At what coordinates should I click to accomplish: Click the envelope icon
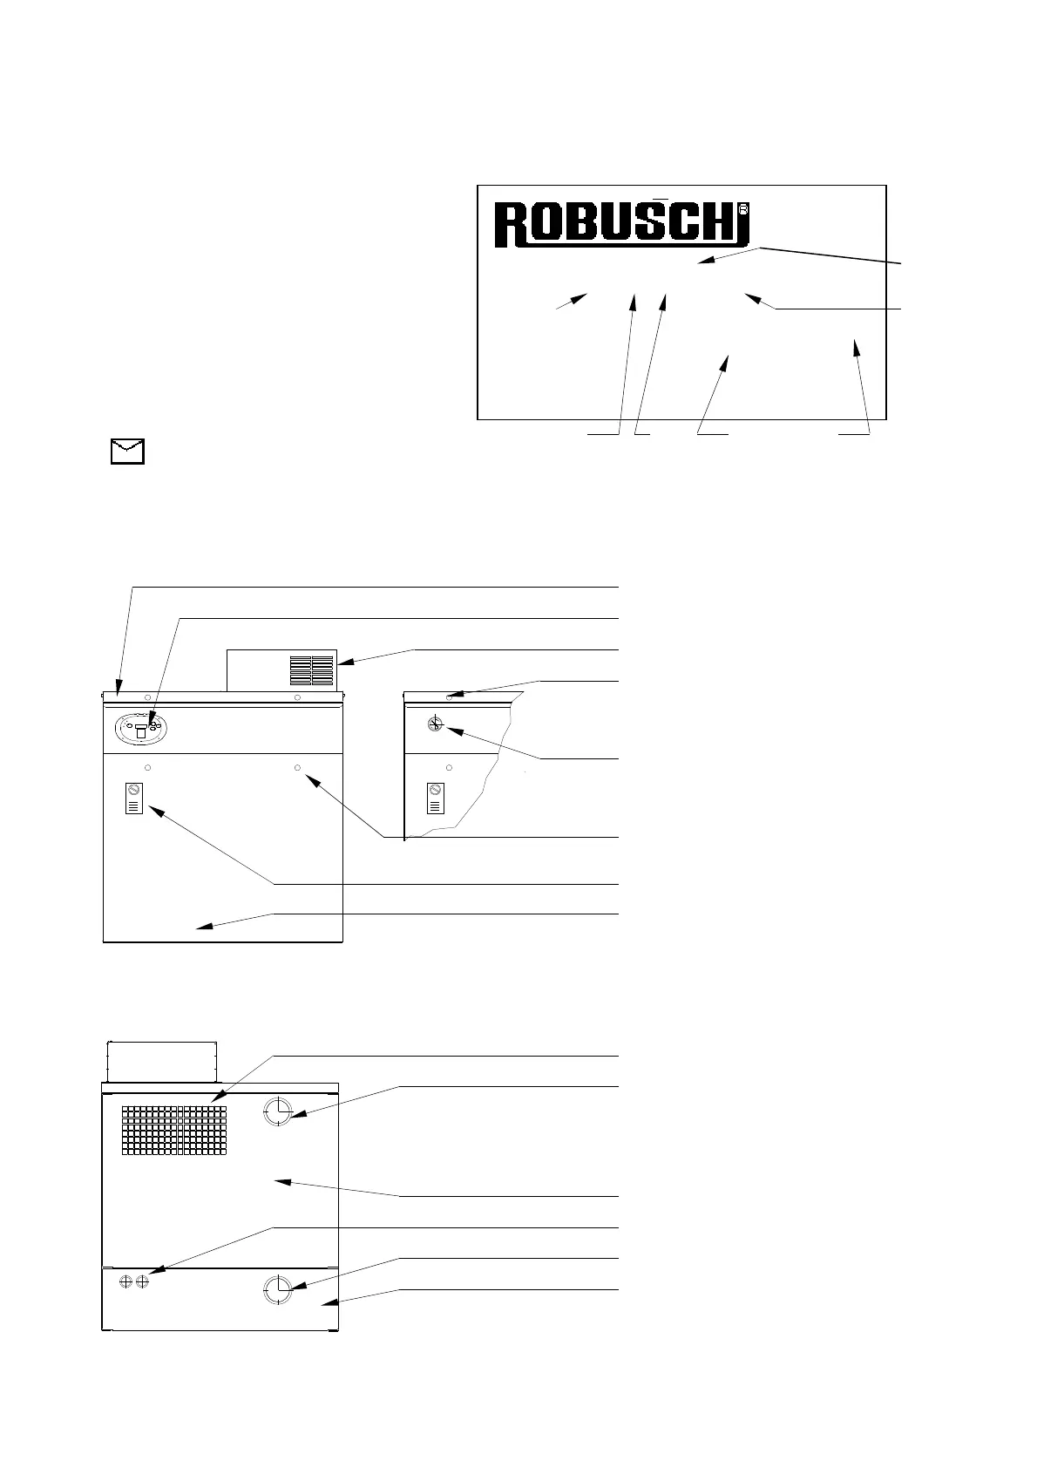click(x=127, y=452)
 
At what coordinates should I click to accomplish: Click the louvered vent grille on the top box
click(x=312, y=669)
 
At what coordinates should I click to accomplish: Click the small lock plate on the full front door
click(x=134, y=798)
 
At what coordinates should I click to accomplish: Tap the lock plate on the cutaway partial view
click(x=435, y=798)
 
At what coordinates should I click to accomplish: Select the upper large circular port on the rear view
click(x=278, y=1111)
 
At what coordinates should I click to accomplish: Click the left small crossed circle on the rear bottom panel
click(x=125, y=1281)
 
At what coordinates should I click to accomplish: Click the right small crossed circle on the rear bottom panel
click(x=141, y=1281)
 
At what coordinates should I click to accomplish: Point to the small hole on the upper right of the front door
click(x=298, y=767)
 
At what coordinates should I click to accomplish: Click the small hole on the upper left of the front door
click(x=147, y=767)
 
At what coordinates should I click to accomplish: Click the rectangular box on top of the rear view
click(x=160, y=1061)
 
